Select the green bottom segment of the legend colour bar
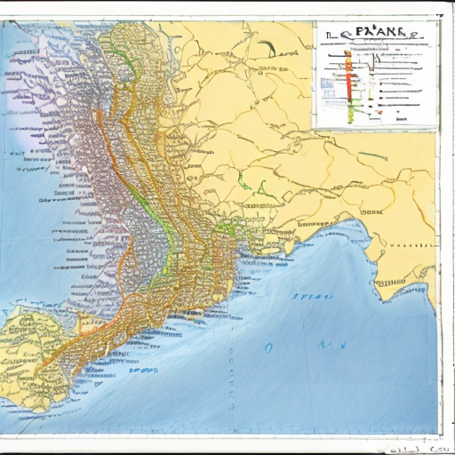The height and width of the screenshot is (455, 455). point(351,112)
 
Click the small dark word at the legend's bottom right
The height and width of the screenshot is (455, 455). point(402,116)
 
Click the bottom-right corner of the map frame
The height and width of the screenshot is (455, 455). point(437,433)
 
